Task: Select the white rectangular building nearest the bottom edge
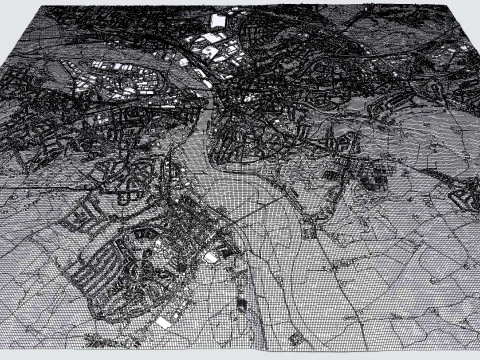coord(163,322)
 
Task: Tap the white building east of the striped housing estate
coord(211,257)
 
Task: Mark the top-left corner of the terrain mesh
coord(40,9)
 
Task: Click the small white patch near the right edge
coord(463,47)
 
